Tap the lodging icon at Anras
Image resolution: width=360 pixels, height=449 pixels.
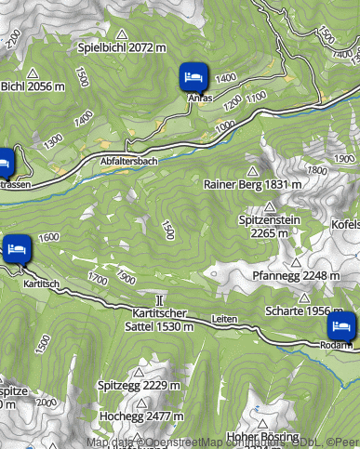[193, 76]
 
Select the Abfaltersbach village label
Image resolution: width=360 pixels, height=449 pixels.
[128, 161]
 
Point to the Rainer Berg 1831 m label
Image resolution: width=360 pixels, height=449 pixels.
[252, 184]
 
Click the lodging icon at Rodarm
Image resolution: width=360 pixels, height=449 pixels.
[341, 326]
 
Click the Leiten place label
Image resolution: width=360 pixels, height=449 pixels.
[224, 318]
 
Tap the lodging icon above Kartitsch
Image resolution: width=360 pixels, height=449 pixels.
[17, 248]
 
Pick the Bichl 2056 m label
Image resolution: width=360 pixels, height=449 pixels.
[32, 86]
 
